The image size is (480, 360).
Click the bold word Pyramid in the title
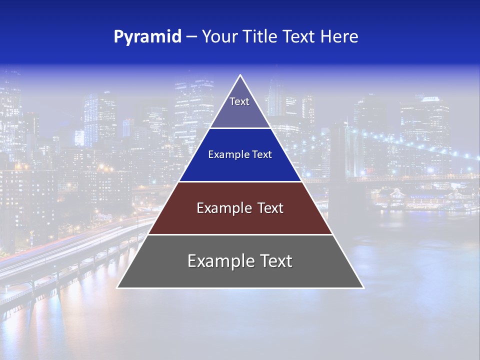click(147, 37)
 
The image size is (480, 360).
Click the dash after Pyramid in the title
click(191, 37)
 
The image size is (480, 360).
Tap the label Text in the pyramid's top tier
click(239, 101)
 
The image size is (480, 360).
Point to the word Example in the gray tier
click(217, 261)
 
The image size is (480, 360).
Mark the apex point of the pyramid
click(240, 75)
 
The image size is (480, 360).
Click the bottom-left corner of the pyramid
click(117, 287)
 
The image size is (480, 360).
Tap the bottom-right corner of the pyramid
click(363, 287)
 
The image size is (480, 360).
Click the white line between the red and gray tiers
click(240, 234)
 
